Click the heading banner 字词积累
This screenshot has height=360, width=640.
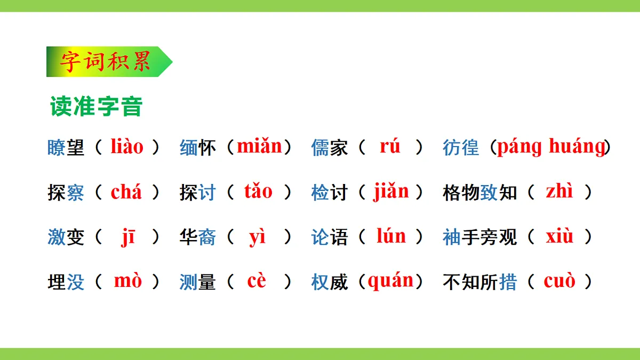106,61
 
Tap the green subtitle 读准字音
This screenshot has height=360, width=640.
96,106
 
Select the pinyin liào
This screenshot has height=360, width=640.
127,147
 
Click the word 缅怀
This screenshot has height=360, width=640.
198,148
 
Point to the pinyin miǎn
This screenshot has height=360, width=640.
259,147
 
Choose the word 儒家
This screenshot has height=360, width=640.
330,148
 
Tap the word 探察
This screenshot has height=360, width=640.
66,193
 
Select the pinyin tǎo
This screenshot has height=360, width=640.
258,191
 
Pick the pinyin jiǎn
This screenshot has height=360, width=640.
391,191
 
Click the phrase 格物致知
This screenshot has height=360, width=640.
480,193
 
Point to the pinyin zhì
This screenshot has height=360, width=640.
559,191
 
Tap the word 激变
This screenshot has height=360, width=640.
66,237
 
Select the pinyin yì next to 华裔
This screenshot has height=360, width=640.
258,237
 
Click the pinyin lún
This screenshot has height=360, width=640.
391,236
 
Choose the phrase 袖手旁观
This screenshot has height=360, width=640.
480,237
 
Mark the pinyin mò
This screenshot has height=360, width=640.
128,281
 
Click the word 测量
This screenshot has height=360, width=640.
198,282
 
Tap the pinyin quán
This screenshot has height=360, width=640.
391,281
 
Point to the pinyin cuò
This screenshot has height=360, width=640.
559,281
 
